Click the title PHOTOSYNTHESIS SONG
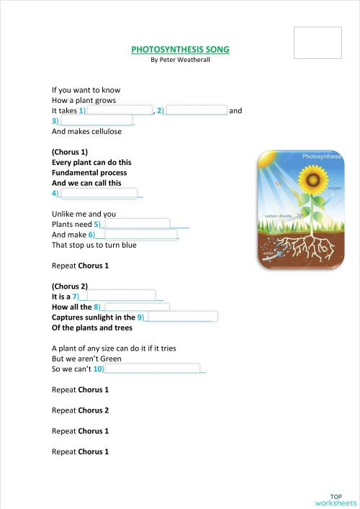pyautogui.click(x=181, y=50)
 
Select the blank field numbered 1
pyautogui.click(x=120, y=111)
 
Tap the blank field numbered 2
pyautogui.click(x=197, y=111)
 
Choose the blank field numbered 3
pyautogui.click(x=96, y=121)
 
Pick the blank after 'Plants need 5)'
pyautogui.click(x=138, y=224)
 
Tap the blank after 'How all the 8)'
pyautogui.click(x=138, y=307)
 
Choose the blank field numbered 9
pyautogui.click(x=181, y=317)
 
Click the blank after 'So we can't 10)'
pyautogui.click(x=153, y=369)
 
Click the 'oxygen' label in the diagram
pyautogui.click(x=335, y=189)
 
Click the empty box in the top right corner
pyautogui.click(x=318, y=43)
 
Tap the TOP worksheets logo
pyautogui.click(x=335, y=499)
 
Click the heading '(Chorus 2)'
pyautogui.click(x=70, y=286)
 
